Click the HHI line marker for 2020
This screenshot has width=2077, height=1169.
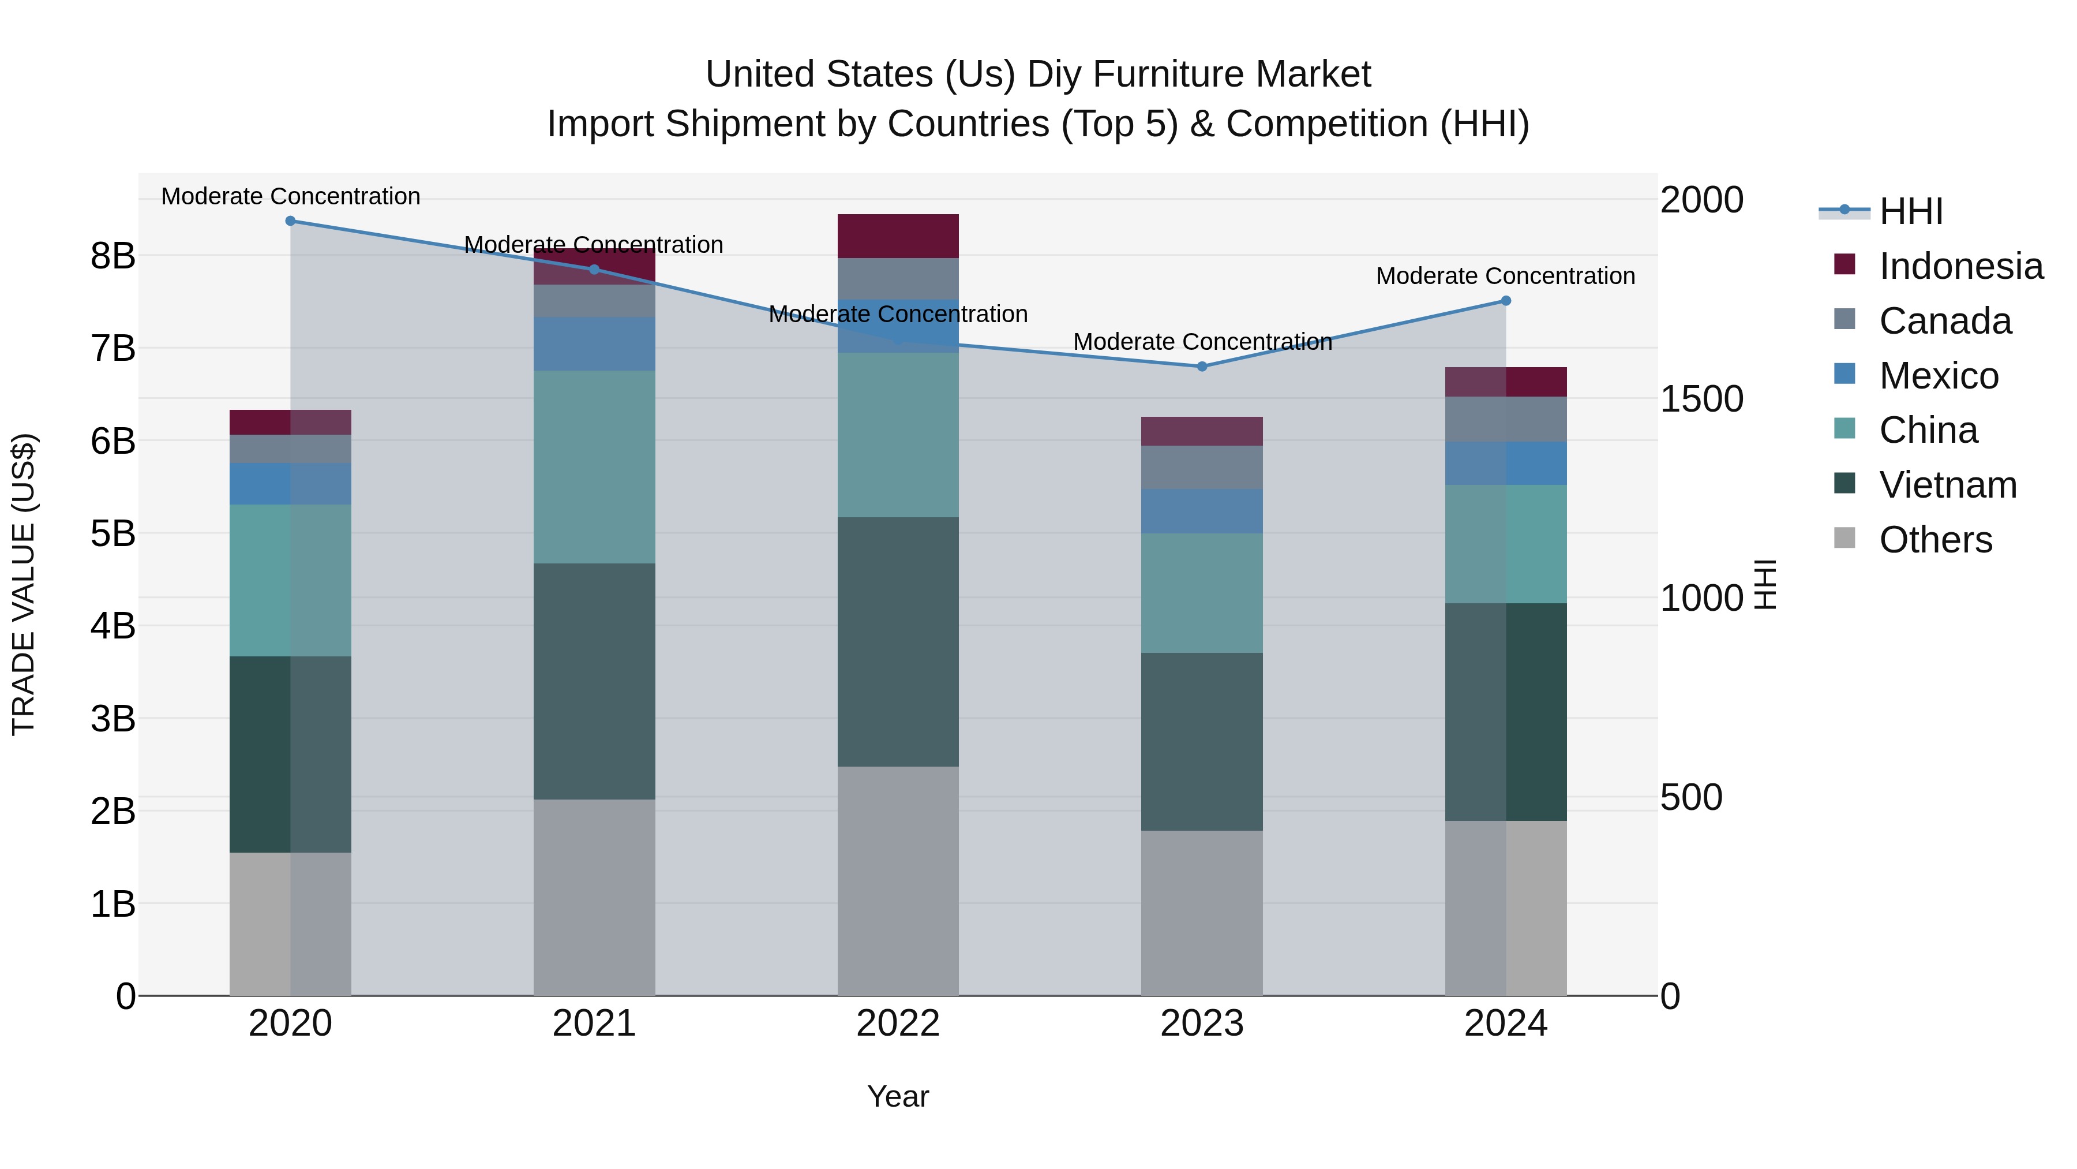(290, 221)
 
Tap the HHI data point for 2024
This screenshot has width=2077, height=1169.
(1505, 301)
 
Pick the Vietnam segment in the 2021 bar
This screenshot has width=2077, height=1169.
(594, 682)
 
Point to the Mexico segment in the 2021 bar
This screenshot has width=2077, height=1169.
(594, 343)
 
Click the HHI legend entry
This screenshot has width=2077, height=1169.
(1910, 211)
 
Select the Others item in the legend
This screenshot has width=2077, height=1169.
(1934, 540)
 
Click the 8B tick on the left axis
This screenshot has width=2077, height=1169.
(113, 256)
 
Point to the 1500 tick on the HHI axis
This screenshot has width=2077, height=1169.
(1701, 399)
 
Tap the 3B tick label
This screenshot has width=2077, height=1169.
(113, 719)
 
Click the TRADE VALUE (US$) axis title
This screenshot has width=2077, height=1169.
(24, 584)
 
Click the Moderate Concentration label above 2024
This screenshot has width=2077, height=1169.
(1505, 276)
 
